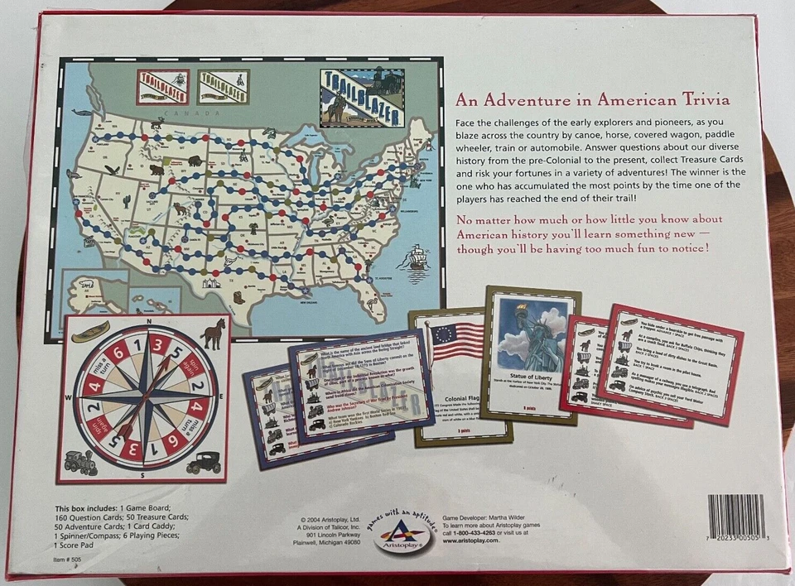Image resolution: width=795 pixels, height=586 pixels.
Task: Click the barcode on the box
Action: pos(736,516)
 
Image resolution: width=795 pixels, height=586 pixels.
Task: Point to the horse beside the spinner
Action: pos(211,333)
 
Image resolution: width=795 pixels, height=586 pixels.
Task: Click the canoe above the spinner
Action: pos(90,332)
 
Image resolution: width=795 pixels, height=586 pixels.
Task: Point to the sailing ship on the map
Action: pos(413,259)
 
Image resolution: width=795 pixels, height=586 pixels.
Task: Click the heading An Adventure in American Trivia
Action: pos(592,100)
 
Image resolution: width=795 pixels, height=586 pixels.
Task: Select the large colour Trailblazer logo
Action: pos(362,96)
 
